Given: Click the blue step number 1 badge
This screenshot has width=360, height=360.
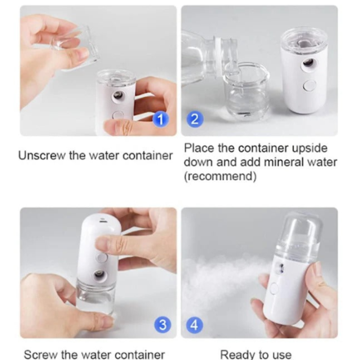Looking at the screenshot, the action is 161,119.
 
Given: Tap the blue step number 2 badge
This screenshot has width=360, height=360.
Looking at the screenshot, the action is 195,119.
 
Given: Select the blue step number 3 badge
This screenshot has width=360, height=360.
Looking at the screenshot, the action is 162,325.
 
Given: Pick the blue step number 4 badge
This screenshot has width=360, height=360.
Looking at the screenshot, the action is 195,325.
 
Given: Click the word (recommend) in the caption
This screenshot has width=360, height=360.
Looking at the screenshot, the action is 220,176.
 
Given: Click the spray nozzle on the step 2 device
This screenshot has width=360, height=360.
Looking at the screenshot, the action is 308,63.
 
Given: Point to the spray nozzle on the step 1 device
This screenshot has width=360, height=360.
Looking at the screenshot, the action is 118,95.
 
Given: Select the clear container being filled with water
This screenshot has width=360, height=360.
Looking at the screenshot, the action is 247,91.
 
